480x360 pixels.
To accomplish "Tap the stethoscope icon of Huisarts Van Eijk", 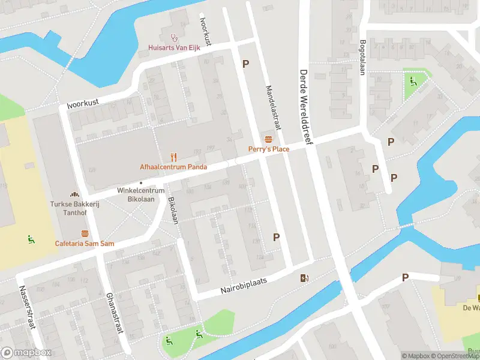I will click(175, 37).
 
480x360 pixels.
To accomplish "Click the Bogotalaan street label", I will click(362, 58).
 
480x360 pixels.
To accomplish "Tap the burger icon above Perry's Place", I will click(268, 139).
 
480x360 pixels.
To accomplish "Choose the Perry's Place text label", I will click(269, 149).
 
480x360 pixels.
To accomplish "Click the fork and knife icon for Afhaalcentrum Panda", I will click(174, 157).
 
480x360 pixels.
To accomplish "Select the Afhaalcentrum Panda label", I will click(174, 167).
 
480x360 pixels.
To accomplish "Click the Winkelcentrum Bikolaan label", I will click(140, 196).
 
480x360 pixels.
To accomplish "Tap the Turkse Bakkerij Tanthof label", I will click(74, 208).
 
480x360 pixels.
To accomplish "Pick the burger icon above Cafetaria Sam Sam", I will click(85, 233).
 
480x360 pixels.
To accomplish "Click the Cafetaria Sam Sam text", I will click(85, 244).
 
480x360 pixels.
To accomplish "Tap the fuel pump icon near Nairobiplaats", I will click(305, 277).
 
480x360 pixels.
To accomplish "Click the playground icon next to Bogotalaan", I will click(412, 82).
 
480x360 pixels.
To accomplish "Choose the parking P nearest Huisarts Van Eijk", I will click(245, 64).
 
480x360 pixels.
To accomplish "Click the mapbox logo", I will click(25, 353).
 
